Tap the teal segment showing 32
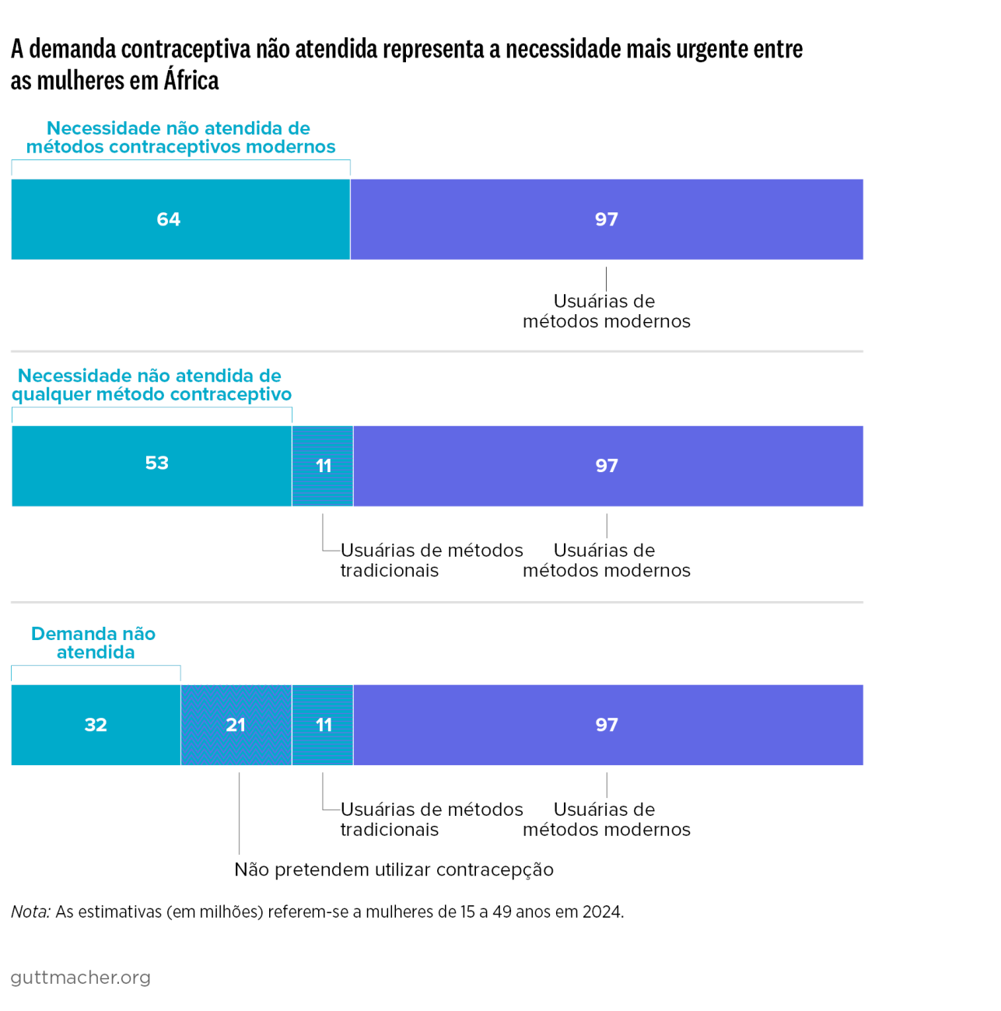(96, 725)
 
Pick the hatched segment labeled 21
(236, 725)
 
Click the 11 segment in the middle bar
(323, 466)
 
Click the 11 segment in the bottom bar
(323, 725)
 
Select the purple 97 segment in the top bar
(607, 219)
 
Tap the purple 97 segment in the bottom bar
(607, 725)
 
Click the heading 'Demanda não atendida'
(94, 642)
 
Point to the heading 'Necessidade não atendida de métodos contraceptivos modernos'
(180, 138)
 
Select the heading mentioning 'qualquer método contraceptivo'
(152, 385)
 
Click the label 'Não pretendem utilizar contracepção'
(394, 869)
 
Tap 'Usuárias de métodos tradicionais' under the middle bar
(431, 560)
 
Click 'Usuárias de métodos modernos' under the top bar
(606, 311)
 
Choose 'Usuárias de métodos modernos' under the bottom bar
(606, 819)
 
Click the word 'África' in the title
(191, 80)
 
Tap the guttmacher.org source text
(81, 978)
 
